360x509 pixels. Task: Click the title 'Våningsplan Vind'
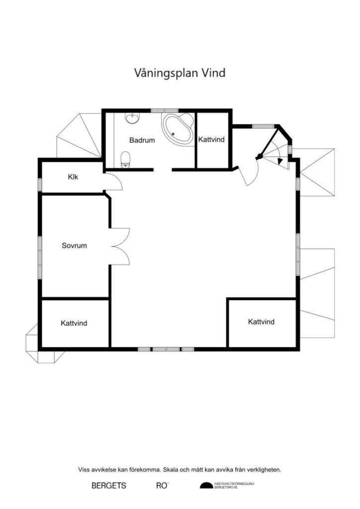(x=180, y=73)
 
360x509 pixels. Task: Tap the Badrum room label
(x=142, y=140)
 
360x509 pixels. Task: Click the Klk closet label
(x=73, y=176)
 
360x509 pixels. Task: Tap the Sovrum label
(x=74, y=246)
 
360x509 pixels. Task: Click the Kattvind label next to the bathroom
(x=212, y=140)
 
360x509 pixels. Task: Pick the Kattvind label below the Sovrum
(x=74, y=323)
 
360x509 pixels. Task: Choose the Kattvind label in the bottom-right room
(x=261, y=322)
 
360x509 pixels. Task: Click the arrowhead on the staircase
(x=281, y=161)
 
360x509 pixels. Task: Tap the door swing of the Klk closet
(x=116, y=182)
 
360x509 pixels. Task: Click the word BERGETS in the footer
(x=109, y=485)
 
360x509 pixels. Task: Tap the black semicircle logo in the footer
(x=205, y=485)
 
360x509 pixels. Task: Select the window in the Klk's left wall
(x=40, y=184)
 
